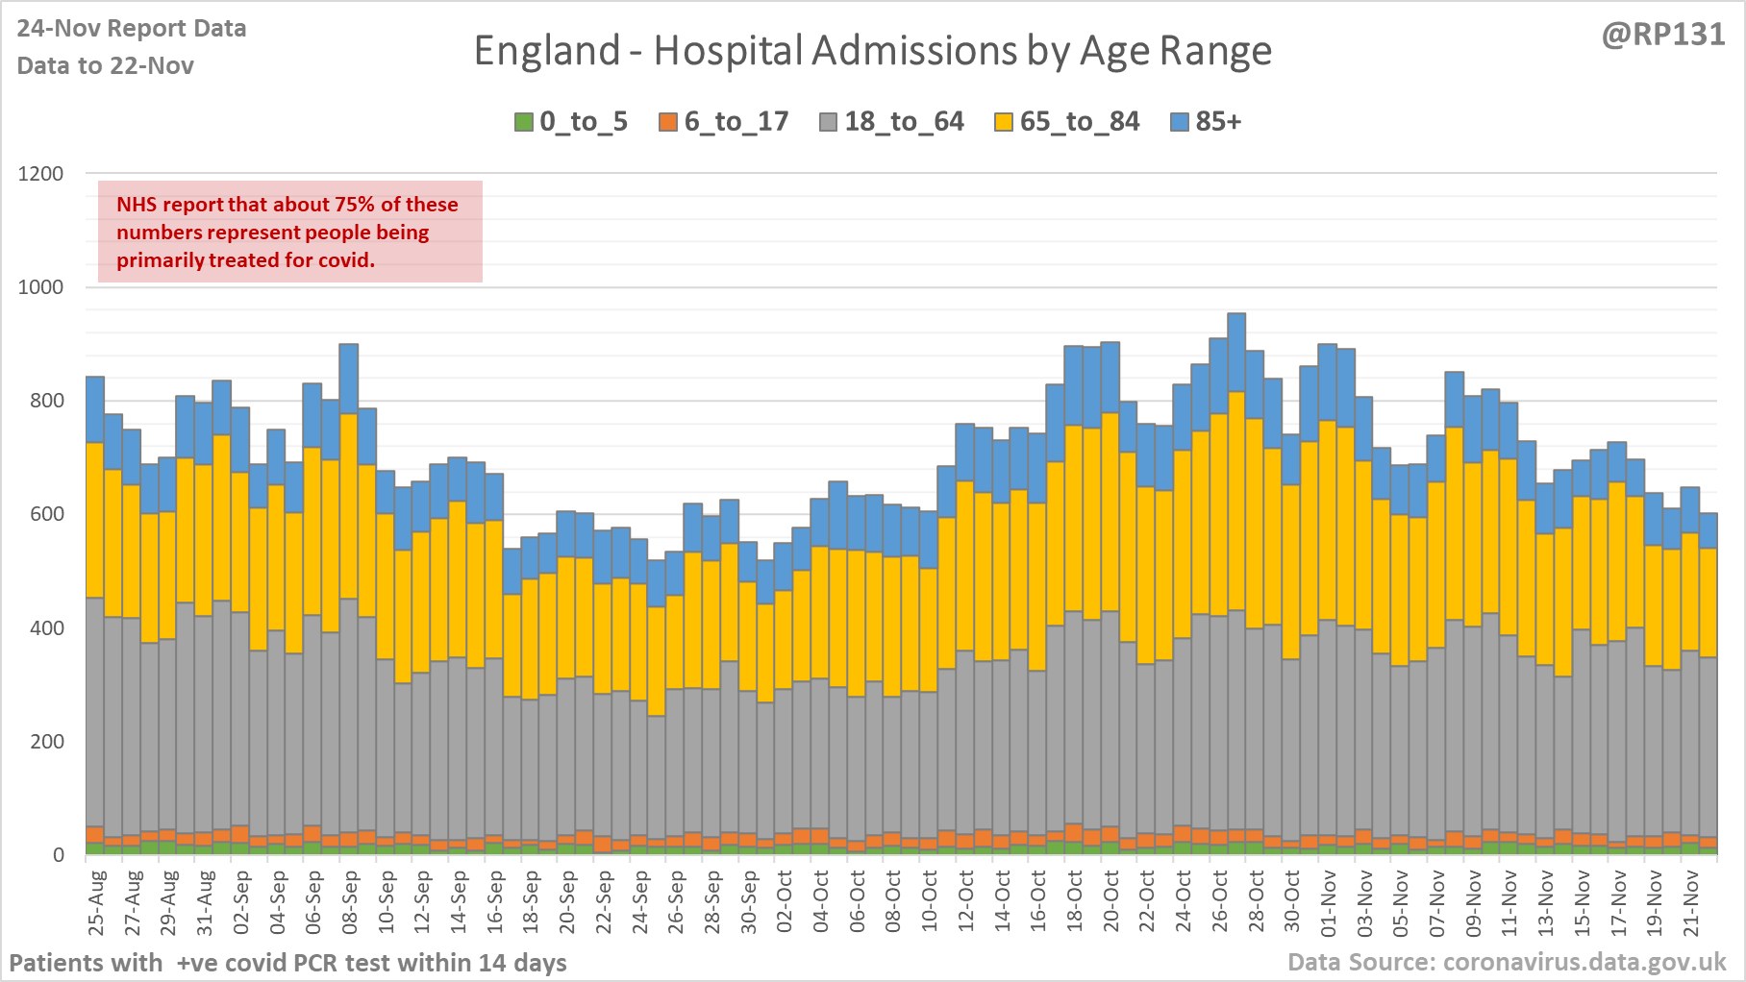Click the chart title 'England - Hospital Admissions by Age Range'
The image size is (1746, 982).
872,51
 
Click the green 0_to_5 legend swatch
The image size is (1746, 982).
524,122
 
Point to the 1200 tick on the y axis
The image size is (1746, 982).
41,174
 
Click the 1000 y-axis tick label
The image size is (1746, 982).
41,287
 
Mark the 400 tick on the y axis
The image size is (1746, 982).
46,628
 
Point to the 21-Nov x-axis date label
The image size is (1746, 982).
1690,903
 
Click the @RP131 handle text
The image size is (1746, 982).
1663,35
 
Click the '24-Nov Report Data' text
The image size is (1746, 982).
132,29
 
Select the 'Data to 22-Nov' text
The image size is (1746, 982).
106,66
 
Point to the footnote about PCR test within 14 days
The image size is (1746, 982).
288,963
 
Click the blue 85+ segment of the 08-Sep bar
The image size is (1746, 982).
349,379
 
